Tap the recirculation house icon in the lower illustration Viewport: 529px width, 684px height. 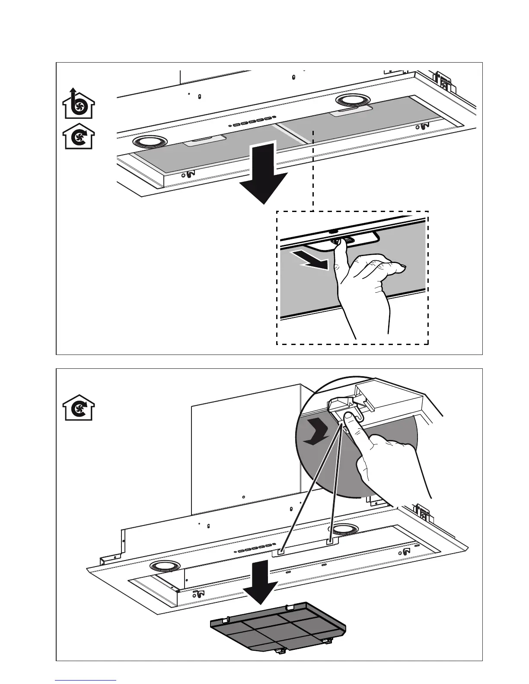[x=78, y=408]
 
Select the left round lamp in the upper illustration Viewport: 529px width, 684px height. [x=150, y=141]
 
